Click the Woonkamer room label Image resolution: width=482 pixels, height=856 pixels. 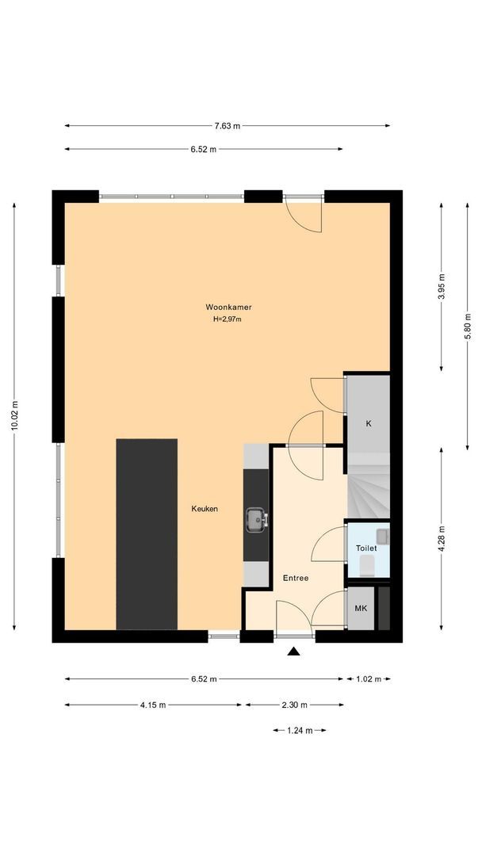(x=228, y=308)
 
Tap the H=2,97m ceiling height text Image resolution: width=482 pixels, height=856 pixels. (x=227, y=319)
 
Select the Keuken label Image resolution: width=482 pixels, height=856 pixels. (x=205, y=509)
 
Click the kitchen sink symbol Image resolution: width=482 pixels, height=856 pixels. (x=257, y=519)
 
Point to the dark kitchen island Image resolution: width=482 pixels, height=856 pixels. (x=147, y=534)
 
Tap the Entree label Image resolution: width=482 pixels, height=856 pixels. (x=296, y=578)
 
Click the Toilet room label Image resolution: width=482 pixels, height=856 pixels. (x=366, y=548)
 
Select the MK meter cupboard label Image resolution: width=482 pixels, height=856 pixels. (x=361, y=608)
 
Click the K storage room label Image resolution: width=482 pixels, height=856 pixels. (x=369, y=423)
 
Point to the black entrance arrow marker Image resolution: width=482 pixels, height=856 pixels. (x=293, y=651)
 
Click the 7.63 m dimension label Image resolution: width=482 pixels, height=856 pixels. (x=227, y=126)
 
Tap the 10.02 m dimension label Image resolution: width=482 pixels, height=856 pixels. (x=15, y=416)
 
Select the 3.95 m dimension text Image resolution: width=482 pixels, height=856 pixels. (x=442, y=286)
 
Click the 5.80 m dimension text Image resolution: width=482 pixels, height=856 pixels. (x=468, y=326)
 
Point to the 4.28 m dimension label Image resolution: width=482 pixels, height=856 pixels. (x=442, y=539)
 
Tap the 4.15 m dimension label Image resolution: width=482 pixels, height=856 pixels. (x=153, y=705)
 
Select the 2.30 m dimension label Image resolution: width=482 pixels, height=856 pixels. (x=295, y=705)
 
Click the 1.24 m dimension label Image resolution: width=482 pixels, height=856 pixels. (x=300, y=731)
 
